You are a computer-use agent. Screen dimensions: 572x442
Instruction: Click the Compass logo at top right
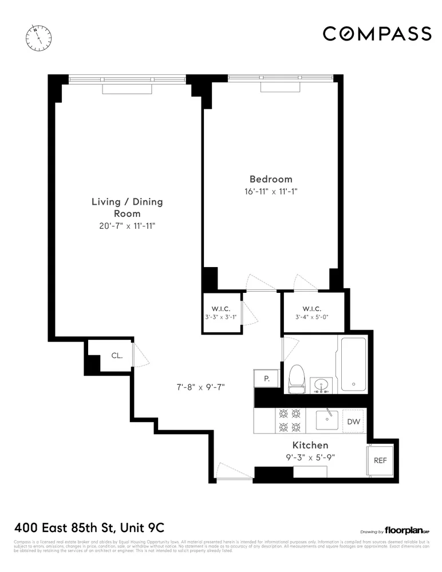[x=377, y=34]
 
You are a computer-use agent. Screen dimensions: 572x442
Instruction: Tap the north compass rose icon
[x=38, y=37]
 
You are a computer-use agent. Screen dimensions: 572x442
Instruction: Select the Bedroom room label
[x=270, y=178]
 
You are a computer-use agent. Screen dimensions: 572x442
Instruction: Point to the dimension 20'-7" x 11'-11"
[x=127, y=226]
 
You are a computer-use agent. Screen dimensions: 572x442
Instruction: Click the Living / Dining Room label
[x=127, y=207]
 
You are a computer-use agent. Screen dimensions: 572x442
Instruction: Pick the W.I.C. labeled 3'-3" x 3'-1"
[x=222, y=313]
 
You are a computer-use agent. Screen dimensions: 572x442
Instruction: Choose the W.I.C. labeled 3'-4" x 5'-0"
[x=311, y=313]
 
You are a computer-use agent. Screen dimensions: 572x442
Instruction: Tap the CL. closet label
[x=117, y=355]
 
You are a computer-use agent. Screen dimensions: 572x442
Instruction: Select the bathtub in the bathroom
[x=356, y=363]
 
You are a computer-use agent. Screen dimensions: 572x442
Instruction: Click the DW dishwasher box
[x=353, y=422]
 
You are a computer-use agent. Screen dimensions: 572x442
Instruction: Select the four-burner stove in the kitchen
[x=289, y=420]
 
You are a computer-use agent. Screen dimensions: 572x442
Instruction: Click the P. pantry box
[x=266, y=379]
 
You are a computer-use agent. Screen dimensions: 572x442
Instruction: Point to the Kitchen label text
[x=310, y=445]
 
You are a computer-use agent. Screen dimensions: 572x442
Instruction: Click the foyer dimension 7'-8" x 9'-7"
[x=200, y=387]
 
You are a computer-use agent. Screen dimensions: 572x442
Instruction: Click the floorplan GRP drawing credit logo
[x=408, y=530]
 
